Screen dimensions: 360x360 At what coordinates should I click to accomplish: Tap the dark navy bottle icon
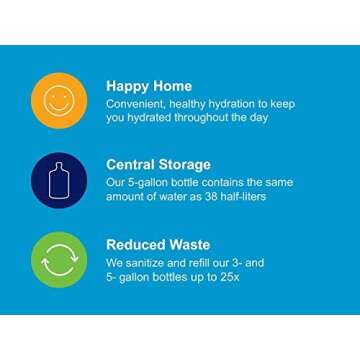point(58,178)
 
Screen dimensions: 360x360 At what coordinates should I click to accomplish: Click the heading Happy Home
point(148,86)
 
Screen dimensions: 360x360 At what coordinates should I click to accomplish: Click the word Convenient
point(139,103)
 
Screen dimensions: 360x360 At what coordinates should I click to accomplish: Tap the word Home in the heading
point(170,86)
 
